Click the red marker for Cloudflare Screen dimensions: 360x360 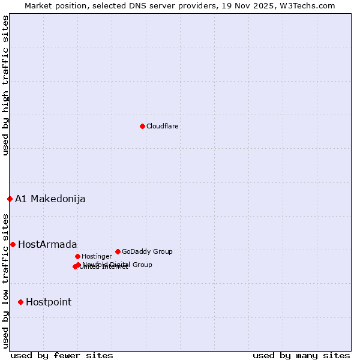point(142,126)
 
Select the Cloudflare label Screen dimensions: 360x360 point(162,126)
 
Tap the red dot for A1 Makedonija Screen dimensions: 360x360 point(10,199)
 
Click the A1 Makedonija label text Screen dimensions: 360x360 point(50,199)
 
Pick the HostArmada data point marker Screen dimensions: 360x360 point(13,244)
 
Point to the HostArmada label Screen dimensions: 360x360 point(47,244)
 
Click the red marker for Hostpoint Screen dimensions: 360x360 point(20,302)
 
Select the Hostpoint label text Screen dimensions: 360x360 point(48,302)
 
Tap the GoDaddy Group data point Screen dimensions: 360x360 point(118,251)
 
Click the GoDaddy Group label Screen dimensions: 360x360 point(147,251)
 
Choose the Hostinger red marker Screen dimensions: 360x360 point(77,256)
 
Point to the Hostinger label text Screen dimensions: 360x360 point(97,256)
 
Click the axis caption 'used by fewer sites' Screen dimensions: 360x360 point(62,355)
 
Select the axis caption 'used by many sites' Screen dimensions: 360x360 point(301,355)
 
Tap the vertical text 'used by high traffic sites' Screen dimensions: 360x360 point(5,85)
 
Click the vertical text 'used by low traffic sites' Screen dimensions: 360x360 point(5,280)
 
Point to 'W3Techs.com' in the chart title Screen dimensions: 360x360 point(310,5)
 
